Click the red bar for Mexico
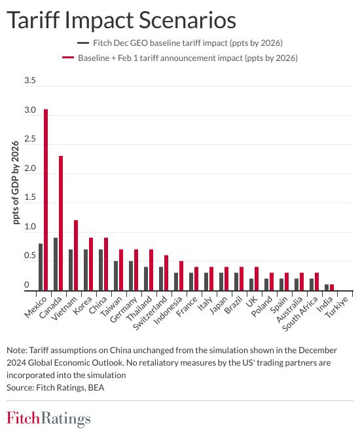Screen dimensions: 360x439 pyautogui.click(x=46, y=200)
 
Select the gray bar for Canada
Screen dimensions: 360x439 pyautogui.click(x=56, y=264)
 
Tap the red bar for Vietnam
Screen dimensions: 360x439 pyautogui.click(x=76, y=256)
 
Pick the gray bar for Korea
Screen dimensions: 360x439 pyautogui.click(x=86, y=270)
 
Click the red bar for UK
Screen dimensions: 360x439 pyautogui.click(x=257, y=279)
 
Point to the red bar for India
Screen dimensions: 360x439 pyautogui.click(x=332, y=288)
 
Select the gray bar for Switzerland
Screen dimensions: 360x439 pyautogui.click(x=161, y=279)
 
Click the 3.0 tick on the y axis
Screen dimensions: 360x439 pyautogui.click(x=30, y=110)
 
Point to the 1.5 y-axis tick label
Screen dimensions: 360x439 pyautogui.click(x=30, y=197)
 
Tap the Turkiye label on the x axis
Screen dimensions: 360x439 pyautogui.click(x=336, y=307)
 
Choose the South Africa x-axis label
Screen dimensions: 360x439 pyautogui.click(x=300, y=314)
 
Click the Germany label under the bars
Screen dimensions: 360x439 pyautogui.click(x=124, y=309)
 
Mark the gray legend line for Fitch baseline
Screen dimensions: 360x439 pyautogui.click(x=82, y=43)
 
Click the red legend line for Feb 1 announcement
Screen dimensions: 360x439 pyautogui.click(x=68, y=58)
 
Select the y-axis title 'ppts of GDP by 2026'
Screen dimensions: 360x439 pyautogui.click(x=16, y=183)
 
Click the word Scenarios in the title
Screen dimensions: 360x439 pyautogui.click(x=187, y=20)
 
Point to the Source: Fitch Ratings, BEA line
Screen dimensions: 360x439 pyautogui.click(x=56, y=388)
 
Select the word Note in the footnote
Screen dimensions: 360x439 pyautogui.click(x=16, y=351)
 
